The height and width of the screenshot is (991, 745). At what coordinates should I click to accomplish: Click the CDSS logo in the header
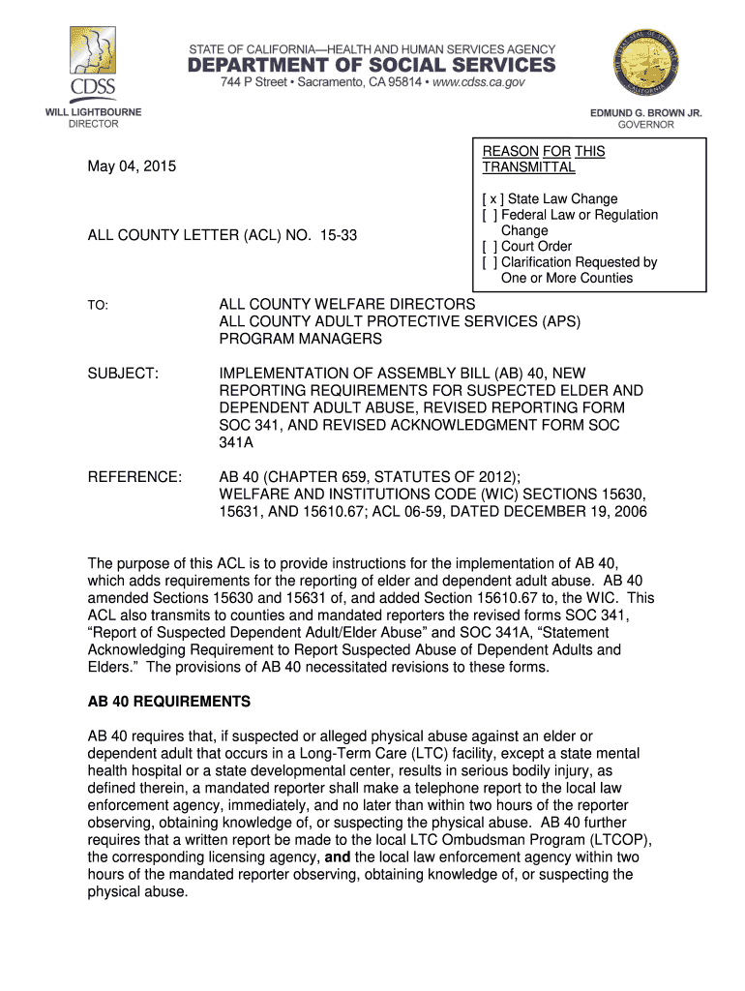click(93, 63)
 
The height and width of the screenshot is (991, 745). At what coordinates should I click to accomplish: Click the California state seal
click(646, 64)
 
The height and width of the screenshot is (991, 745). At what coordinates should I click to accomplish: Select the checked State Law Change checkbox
click(489, 199)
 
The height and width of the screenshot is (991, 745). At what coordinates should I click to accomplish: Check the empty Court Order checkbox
click(489, 247)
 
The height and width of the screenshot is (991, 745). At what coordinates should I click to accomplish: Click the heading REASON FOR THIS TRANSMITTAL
click(543, 160)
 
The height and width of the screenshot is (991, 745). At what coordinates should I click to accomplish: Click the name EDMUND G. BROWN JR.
click(646, 113)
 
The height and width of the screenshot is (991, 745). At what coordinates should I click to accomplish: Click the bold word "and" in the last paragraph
click(338, 857)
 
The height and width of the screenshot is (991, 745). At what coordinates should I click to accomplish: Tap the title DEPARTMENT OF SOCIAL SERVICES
click(372, 65)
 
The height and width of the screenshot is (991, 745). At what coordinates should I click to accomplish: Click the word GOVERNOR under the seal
click(646, 125)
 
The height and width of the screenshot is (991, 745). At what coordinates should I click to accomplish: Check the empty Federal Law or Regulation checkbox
click(489, 215)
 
